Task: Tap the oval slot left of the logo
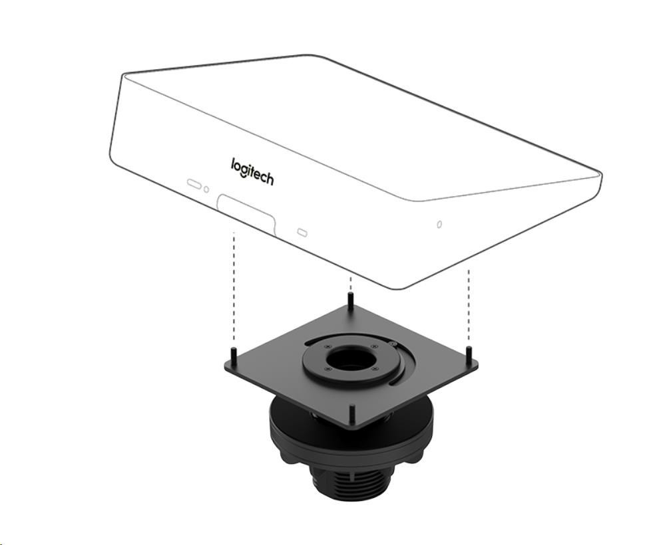[x=194, y=184]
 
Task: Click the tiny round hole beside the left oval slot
[x=206, y=189]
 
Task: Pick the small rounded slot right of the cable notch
[x=302, y=233]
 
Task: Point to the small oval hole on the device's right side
[x=439, y=224]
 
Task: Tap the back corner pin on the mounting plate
[x=350, y=299]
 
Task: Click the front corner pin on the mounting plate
[x=351, y=415]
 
